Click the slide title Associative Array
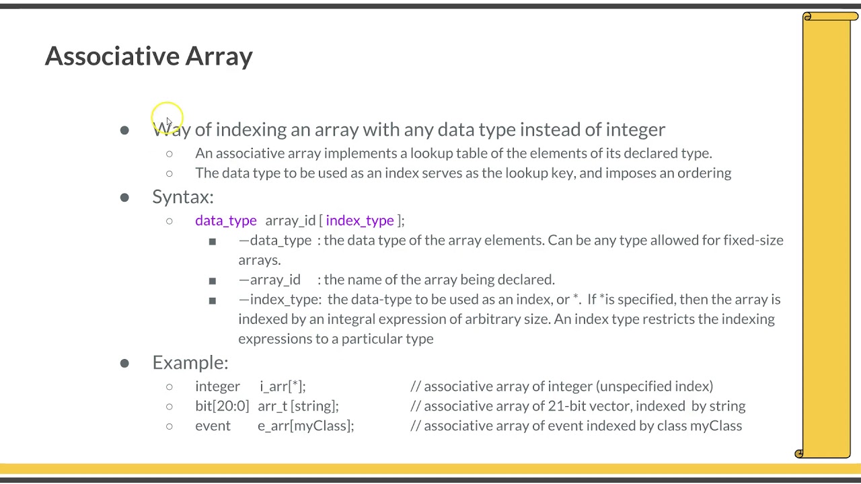149,56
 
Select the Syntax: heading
182,197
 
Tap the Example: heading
190,362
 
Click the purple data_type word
225,220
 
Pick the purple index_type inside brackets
359,220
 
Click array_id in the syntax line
290,220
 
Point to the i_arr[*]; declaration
282,387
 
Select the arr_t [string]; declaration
298,406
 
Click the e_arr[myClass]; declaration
305,426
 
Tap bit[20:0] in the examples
221,406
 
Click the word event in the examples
213,426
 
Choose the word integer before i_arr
217,387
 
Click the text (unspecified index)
654,387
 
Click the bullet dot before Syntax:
124,198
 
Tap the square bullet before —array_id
213,280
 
